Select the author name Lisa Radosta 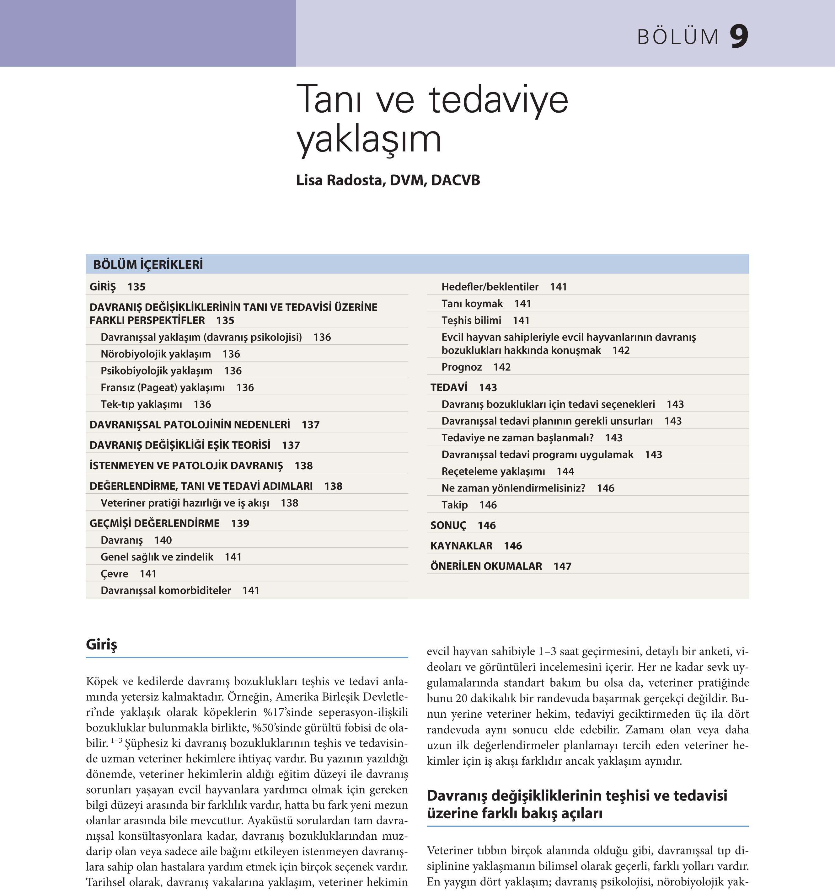pos(339,180)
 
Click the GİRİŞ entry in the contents pos(103,287)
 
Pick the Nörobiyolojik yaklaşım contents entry pos(156,354)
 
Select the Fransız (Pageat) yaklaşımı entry pos(163,388)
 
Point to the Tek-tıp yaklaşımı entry pos(141,404)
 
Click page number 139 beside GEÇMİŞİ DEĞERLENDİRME pos(240,523)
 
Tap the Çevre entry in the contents pos(114,574)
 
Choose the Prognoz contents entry pos(462,367)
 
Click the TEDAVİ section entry pos(448,387)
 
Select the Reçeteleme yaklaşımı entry pos(493,471)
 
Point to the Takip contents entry pos(454,505)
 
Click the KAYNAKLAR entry pos(461,546)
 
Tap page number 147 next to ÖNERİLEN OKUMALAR pos(562,566)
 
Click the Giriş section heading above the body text pos(102,645)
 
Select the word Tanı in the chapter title pos(329,100)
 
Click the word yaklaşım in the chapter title pos(368,139)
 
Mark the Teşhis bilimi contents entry pos(471,320)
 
